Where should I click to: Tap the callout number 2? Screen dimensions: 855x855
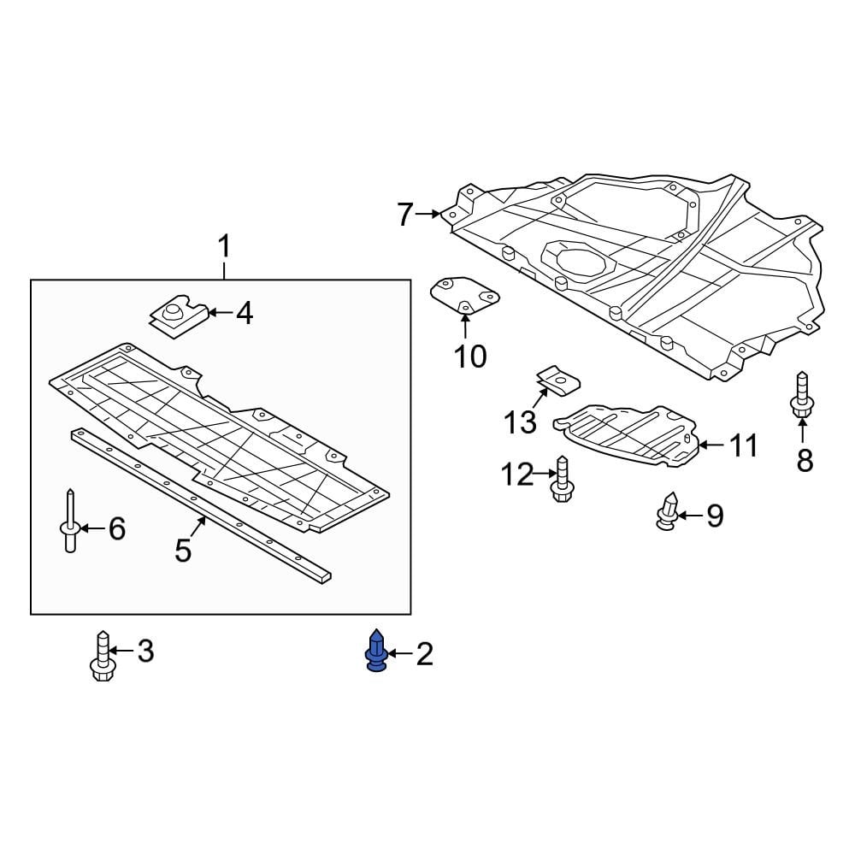point(424,655)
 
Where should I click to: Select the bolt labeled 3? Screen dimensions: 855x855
point(103,657)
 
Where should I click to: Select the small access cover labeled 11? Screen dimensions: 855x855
point(628,433)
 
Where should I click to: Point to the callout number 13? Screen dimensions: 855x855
point(520,422)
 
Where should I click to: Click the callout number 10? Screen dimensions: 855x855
point(469,356)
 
